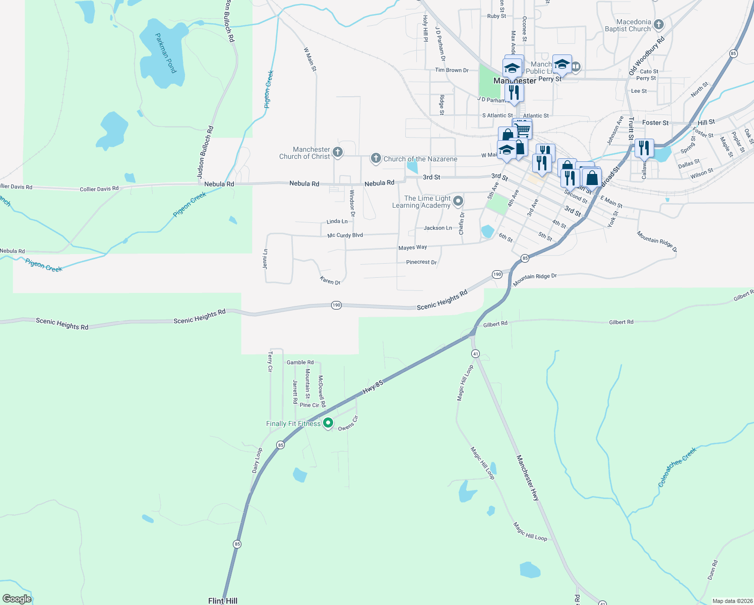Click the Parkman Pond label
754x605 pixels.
[x=166, y=53]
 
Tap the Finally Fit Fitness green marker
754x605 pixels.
[x=328, y=423]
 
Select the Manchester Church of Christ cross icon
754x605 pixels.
[x=338, y=152]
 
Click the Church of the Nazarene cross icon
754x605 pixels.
[x=375, y=159]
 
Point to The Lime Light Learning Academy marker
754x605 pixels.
[x=458, y=201]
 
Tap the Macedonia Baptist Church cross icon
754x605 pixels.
[x=658, y=25]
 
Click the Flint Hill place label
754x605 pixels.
[x=223, y=600]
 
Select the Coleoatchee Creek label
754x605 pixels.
[x=677, y=467]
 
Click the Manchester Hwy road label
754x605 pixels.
[x=528, y=477]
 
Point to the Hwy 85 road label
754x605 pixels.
[x=373, y=387]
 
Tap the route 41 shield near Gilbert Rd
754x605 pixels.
[x=475, y=354]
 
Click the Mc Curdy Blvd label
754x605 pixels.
[x=345, y=235]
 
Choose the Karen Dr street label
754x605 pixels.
[x=330, y=281]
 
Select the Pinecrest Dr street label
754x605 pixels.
[x=421, y=262]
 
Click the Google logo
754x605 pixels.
[x=17, y=599]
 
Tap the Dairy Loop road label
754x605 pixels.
[x=257, y=460]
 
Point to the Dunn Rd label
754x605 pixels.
[x=712, y=570]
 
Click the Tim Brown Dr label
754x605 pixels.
[x=452, y=70]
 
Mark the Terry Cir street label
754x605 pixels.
[x=270, y=362]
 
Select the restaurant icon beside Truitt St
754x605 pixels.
[x=644, y=148]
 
